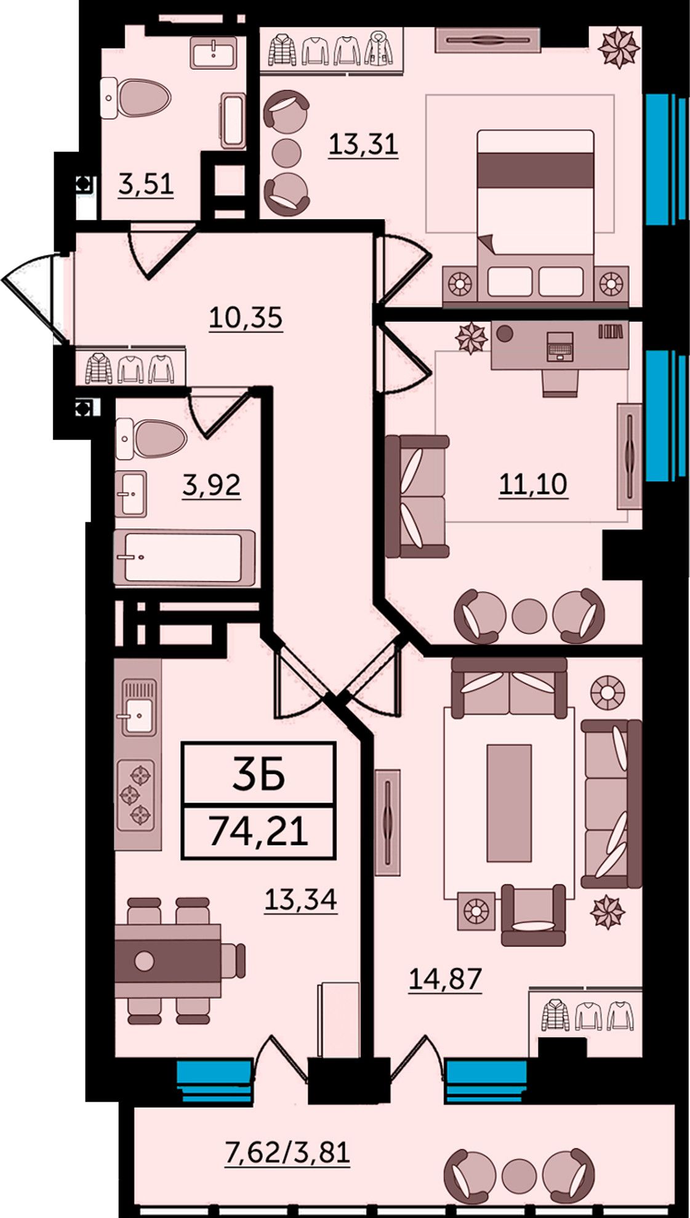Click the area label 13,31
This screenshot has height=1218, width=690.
(363, 145)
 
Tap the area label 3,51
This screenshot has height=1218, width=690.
(146, 185)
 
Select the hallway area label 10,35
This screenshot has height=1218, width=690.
(246, 318)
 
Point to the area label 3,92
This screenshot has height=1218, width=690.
(211, 485)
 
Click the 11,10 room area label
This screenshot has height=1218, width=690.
(533, 485)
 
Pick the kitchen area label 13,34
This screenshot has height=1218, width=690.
(301, 900)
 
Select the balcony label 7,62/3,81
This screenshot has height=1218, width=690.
(288, 1152)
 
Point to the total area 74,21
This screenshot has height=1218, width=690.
(259, 832)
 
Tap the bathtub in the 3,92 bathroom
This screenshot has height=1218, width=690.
(184, 557)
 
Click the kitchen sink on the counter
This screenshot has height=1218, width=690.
(138, 707)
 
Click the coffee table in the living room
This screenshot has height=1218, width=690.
(509, 803)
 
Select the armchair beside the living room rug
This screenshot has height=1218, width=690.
(533, 915)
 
